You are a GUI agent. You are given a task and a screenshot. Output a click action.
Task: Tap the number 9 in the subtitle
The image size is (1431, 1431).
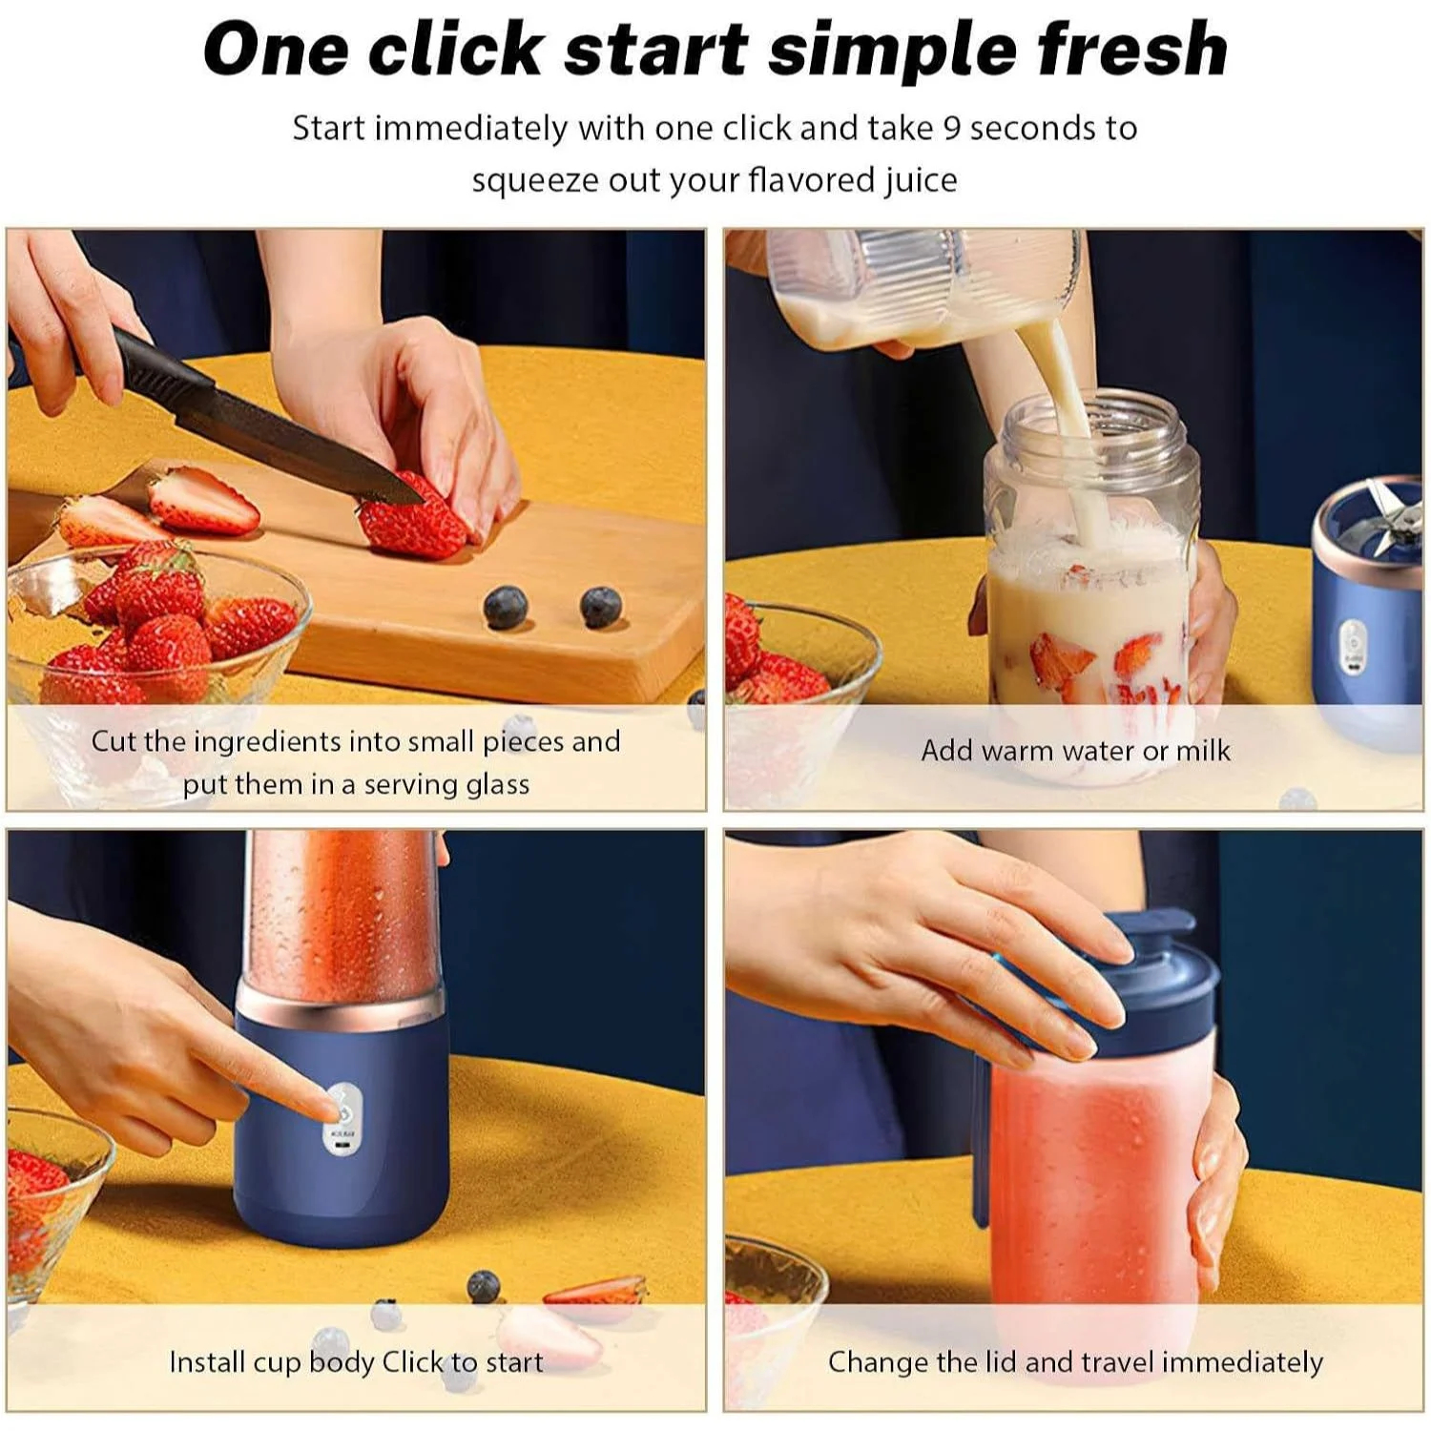tap(951, 128)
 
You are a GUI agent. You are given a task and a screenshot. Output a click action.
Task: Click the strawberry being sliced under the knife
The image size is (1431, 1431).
tap(412, 519)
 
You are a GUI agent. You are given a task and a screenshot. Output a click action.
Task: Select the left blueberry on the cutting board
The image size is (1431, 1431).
tap(506, 608)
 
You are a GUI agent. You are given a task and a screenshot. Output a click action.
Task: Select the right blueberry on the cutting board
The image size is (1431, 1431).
tap(601, 607)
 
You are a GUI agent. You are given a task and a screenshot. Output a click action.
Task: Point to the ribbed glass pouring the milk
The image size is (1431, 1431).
tap(925, 286)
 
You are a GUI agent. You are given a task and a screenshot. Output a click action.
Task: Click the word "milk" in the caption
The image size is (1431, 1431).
tap(1203, 751)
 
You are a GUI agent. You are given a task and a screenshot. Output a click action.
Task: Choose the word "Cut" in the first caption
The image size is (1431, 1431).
tap(114, 741)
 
